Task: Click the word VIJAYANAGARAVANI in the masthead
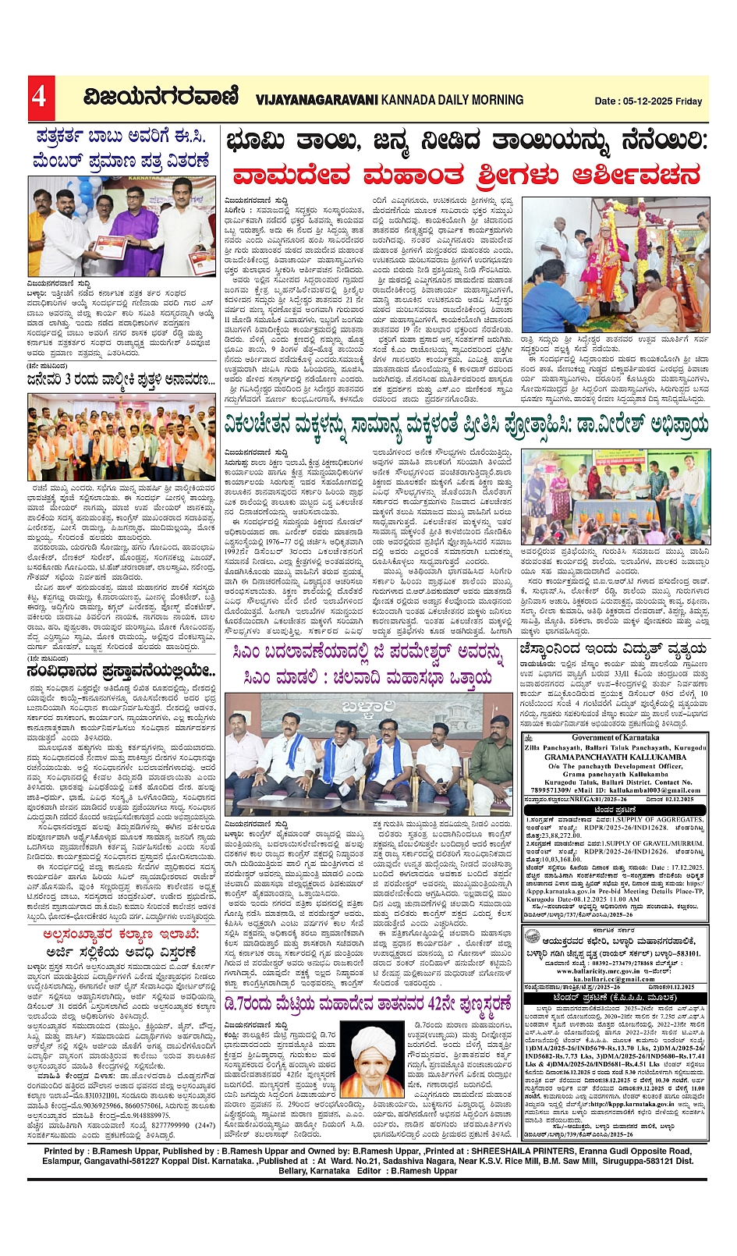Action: point(316,100)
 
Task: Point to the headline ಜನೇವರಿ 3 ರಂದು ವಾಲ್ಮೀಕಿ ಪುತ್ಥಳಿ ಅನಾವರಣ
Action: point(121,380)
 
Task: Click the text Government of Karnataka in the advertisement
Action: point(615,737)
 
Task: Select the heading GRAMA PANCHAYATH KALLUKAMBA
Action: point(615,758)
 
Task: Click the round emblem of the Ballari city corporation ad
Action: point(532,935)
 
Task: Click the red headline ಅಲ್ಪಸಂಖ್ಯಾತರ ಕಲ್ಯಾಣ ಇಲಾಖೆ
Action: point(121,934)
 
